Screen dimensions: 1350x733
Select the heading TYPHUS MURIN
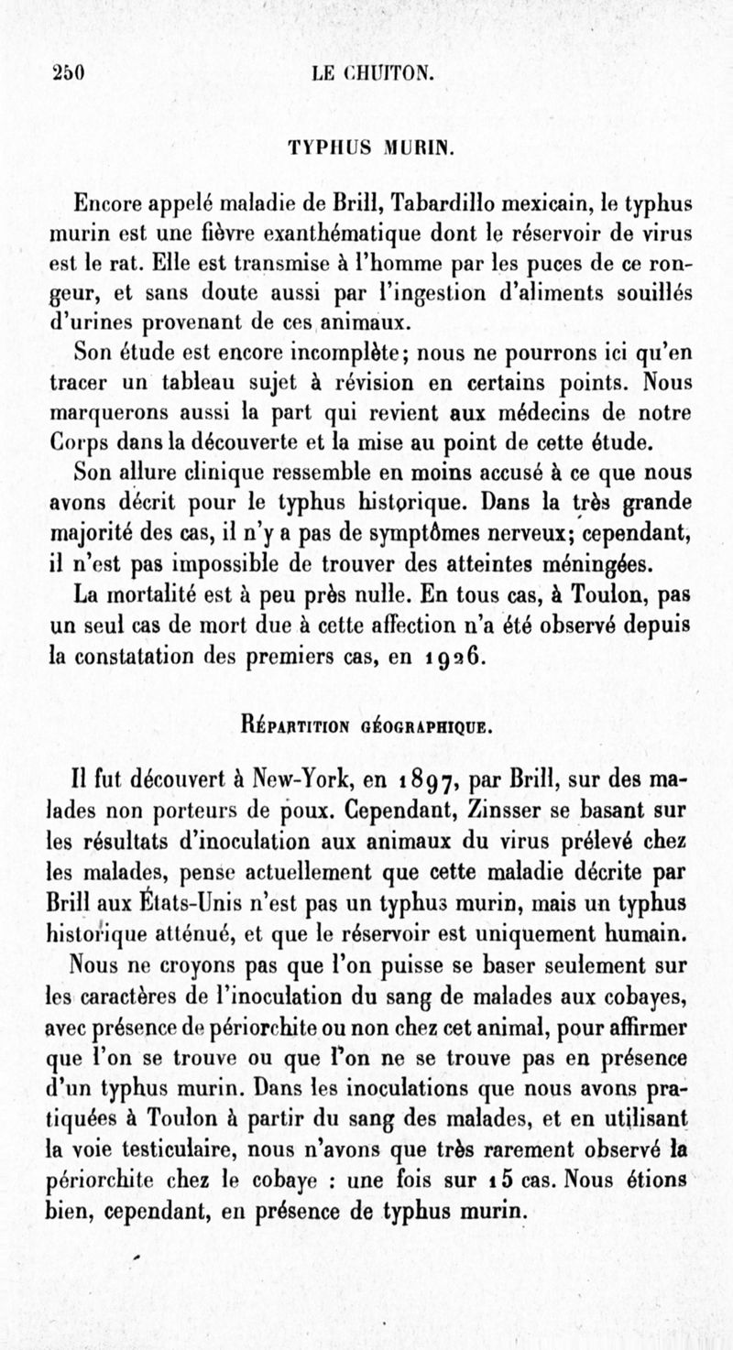pyautogui.click(x=366, y=145)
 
